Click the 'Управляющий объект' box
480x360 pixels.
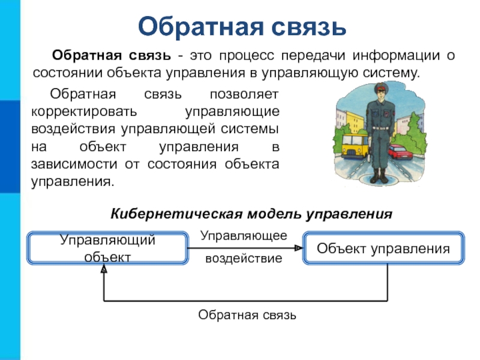107,248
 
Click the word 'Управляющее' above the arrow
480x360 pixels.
244,236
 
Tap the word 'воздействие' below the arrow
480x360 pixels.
244,259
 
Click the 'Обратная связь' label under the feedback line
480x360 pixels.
247,315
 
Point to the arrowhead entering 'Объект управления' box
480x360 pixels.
300,248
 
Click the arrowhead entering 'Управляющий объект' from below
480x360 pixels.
104,269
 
